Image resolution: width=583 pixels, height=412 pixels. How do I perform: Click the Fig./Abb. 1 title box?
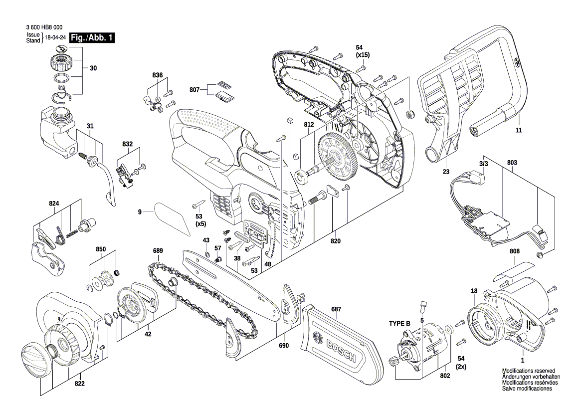pos(93,38)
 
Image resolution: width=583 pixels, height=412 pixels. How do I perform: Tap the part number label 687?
pos(336,309)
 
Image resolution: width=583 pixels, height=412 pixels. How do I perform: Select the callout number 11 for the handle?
pos(519,130)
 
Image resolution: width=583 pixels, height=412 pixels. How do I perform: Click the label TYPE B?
pos(399,324)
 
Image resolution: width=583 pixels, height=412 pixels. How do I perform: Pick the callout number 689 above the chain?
pos(158,250)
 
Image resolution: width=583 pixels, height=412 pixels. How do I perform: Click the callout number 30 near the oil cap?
pos(93,69)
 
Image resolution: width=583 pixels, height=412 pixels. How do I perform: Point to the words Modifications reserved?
pos(529,371)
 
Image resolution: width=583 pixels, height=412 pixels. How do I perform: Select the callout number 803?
pos(512,163)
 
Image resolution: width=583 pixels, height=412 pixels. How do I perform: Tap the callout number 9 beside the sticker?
pos(141,212)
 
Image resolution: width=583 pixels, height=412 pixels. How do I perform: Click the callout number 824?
pos(54,204)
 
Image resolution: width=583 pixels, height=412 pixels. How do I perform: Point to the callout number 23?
pos(445,172)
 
